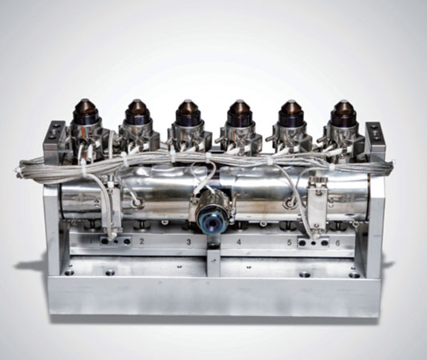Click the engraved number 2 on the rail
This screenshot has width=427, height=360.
(x=142, y=241)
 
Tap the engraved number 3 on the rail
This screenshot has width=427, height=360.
(x=189, y=242)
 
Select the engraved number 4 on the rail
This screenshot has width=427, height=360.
(x=239, y=242)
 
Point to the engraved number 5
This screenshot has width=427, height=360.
(x=289, y=242)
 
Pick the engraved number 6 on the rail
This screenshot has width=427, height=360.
(x=337, y=243)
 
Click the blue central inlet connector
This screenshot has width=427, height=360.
(x=212, y=221)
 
